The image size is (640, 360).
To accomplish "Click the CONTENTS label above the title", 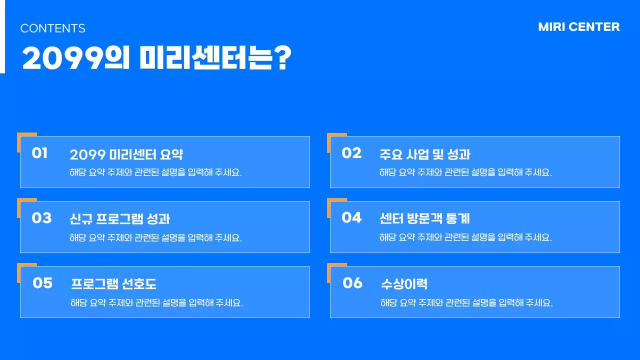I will click(52, 28).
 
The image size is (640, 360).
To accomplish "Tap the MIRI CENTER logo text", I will click(578, 27).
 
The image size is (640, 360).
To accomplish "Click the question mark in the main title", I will click(283, 58).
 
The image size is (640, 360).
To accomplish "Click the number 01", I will click(39, 153).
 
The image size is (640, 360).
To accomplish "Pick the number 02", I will click(351, 153).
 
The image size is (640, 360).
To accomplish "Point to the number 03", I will click(41, 218).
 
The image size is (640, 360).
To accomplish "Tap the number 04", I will click(351, 217).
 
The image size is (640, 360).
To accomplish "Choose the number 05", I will click(42, 283).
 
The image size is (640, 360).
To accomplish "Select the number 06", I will click(352, 283).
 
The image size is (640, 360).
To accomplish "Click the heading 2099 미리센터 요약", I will click(126, 154).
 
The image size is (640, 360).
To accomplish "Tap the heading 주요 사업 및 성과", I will click(425, 154).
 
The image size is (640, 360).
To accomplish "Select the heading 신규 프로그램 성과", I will click(120, 219).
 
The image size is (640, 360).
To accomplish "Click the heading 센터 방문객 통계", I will click(424, 218).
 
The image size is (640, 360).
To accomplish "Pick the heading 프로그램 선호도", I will click(113, 284).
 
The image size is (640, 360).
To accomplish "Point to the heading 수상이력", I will click(404, 284).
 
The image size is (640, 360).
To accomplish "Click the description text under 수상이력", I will click(466, 302).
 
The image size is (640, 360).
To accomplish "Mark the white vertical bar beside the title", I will click(2, 36).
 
